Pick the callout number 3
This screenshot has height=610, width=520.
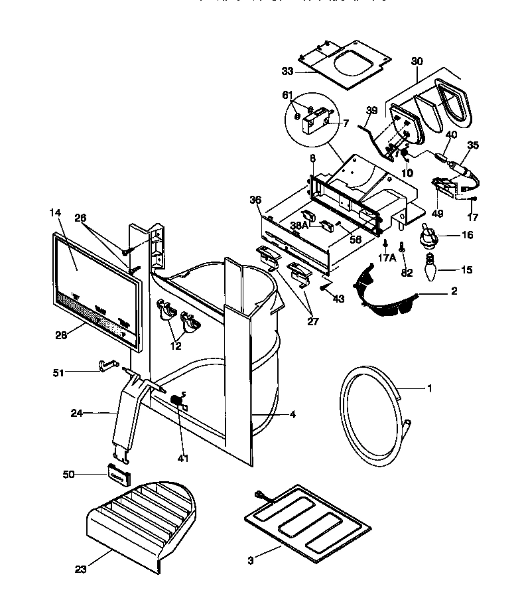(x=250, y=561)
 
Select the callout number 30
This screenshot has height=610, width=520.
(x=417, y=60)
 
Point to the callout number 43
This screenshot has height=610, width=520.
(x=338, y=299)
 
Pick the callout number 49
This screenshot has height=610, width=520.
(x=437, y=214)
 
